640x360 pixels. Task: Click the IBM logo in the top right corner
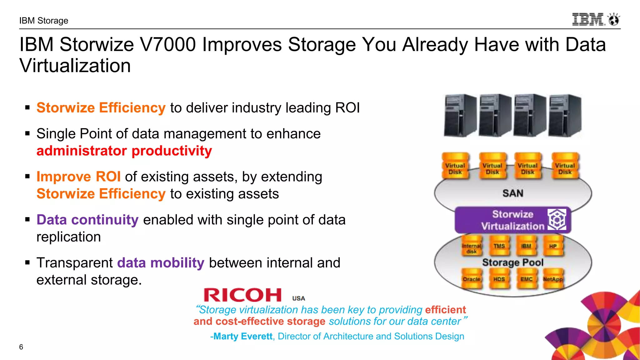pos(595,19)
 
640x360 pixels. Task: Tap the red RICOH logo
pos(243,295)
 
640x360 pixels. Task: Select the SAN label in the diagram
pos(513,193)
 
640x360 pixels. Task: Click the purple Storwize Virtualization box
pos(512,220)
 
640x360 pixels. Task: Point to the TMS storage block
pos(499,246)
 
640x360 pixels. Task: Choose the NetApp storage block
pos(553,279)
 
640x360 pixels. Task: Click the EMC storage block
pos(526,279)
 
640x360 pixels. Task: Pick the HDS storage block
pos(499,279)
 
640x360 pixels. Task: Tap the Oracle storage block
pos(472,279)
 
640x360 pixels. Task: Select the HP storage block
pos(553,246)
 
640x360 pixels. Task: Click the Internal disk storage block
pos(472,248)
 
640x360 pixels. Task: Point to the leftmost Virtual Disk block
pos(455,169)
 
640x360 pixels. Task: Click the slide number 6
pos(21,347)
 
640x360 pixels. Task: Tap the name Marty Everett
pos(243,336)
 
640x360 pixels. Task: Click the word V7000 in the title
pos(168,44)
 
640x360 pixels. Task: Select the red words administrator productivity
pos(124,151)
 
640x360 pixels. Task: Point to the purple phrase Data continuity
pos(87,220)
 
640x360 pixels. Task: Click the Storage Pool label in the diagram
pos(513,262)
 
